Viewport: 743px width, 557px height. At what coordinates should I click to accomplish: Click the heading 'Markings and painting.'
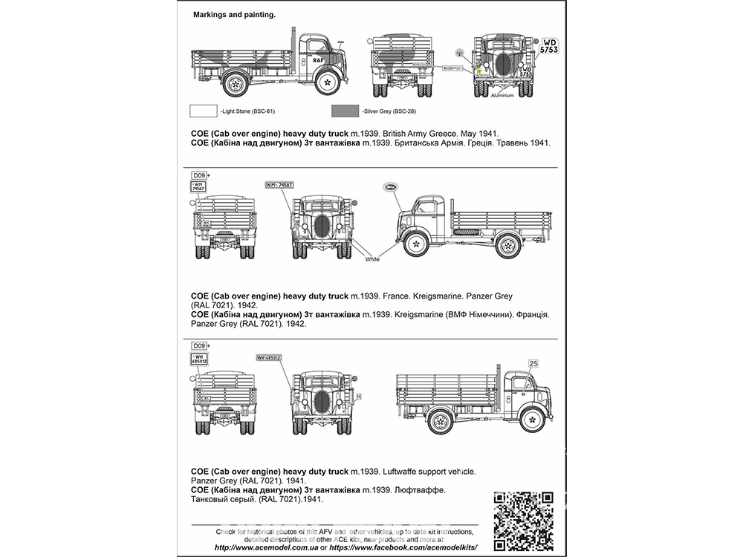click(x=234, y=14)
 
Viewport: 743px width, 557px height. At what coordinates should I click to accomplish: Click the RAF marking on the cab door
click(x=318, y=59)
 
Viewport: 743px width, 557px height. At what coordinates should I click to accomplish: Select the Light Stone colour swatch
click(x=204, y=111)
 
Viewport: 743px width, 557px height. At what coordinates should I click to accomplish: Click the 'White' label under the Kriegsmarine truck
click(x=372, y=259)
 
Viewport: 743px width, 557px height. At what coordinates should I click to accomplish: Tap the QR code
click(x=524, y=518)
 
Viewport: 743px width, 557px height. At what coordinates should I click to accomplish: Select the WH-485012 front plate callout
click(x=269, y=357)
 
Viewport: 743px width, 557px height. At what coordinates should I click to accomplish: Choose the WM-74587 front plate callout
click(x=279, y=184)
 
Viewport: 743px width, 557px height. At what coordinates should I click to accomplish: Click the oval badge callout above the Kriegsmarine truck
click(x=392, y=187)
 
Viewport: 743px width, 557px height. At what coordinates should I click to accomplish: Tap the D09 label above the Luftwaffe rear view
click(x=198, y=345)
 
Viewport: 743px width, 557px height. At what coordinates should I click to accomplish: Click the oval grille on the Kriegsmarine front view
click(x=323, y=227)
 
